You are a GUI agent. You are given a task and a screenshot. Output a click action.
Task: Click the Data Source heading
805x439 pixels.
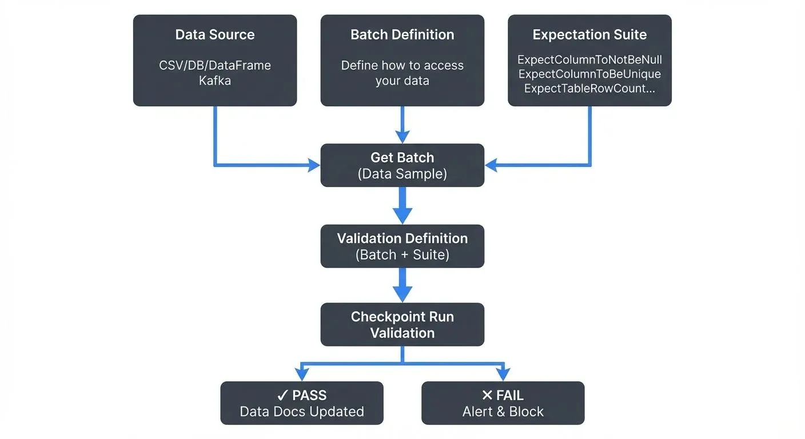(215, 34)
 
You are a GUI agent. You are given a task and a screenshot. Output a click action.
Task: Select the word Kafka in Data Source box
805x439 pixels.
(215, 81)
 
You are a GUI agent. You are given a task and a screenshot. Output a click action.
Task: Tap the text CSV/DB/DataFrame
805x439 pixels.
(215, 65)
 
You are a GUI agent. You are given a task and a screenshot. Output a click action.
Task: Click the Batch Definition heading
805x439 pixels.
(402, 34)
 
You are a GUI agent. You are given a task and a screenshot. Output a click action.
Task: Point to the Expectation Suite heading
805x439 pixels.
(589, 34)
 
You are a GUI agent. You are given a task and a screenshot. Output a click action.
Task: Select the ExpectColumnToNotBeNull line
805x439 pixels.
(589, 59)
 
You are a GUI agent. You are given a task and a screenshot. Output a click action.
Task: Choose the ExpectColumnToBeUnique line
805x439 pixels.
(589, 74)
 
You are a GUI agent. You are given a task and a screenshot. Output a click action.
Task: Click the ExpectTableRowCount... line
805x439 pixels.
(589, 89)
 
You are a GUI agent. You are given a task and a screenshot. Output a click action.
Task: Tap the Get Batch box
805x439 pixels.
(402, 165)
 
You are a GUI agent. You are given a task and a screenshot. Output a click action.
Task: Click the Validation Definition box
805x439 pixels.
(402, 246)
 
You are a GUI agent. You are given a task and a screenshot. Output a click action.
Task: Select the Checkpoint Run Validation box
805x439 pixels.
(402, 325)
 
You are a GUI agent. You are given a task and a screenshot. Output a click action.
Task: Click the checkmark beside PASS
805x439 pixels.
(282, 396)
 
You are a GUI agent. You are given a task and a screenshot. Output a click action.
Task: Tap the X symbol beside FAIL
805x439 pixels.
(487, 396)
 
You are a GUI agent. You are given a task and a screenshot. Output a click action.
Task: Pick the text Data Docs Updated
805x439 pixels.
(302, 412)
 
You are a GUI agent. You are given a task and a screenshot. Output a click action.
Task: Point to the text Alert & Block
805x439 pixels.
(503, 412)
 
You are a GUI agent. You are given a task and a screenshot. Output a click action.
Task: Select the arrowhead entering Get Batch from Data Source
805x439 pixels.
(314, 166)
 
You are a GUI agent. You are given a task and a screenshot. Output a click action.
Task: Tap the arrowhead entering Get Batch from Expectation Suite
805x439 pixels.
(492, 166)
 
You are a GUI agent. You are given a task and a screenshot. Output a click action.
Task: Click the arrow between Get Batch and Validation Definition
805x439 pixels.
(402, 206)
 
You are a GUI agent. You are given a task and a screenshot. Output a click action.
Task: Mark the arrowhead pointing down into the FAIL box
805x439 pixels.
(503, 374)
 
